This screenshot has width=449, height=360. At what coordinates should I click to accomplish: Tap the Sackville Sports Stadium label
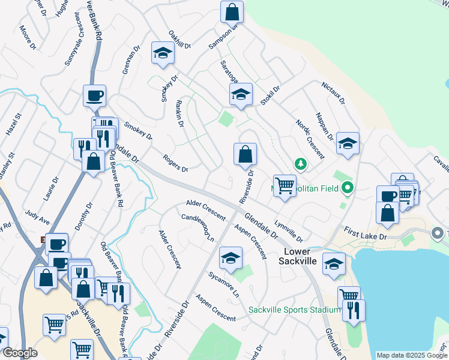[x=295, y=310]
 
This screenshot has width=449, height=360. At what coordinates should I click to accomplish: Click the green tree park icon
[x=300, y=163]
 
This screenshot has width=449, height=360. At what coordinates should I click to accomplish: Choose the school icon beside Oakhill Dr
[x=161, y=53]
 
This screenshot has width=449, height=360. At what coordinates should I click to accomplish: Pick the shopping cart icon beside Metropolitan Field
[x=284, y=185]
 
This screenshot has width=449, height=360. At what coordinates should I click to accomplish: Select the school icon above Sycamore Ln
[x=231, y=258]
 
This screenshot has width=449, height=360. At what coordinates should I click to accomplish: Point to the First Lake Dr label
[x=366, y=233]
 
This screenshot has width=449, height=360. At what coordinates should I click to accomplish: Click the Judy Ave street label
[x=37, y=217]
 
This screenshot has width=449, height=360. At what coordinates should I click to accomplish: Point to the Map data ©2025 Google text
[x=411, y=355]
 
